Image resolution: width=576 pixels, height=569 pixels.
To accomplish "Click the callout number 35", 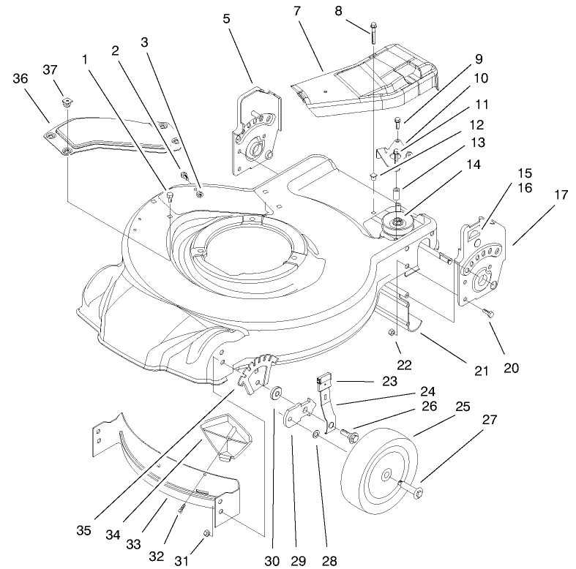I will pos(84,529).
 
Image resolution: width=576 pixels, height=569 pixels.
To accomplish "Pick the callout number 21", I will pos(480,371).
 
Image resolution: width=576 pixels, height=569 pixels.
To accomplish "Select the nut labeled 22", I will pos(393,333).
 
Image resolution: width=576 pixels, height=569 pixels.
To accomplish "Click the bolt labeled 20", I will pos(489,314).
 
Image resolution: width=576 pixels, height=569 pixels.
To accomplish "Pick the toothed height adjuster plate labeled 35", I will pos(258,372).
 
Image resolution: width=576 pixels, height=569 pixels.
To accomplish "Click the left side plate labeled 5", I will pos(252,132).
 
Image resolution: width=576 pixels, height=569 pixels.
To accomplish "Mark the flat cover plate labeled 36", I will pos(110,139).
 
